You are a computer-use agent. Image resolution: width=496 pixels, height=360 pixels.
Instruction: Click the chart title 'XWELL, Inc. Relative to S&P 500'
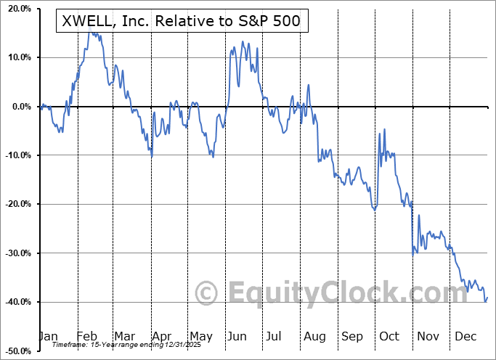pyautogui.click(x=182, y=22)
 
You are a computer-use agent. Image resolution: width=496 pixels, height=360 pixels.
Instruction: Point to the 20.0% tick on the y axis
pyautogui.click(x=17, y=9)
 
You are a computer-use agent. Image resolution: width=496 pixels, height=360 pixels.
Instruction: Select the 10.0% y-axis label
pyautogui.click(x=17, y=57)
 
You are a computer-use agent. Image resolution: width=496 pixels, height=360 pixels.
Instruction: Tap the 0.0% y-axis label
pyautogui.click(x=19, y=107)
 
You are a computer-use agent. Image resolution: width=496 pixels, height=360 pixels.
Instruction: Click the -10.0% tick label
pyautogui.click(x=15, y=155)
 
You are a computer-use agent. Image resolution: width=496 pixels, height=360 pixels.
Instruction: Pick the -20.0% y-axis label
pyautogui.click(x=15, y=204)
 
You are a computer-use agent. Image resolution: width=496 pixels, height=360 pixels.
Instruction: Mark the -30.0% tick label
pyautogui.click(x=15, y=253)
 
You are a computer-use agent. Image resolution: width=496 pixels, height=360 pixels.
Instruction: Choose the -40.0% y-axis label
pyautogui.click(x=15, y=302)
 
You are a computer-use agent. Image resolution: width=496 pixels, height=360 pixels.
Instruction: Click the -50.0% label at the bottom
pyautogui.click(x=15, y=351)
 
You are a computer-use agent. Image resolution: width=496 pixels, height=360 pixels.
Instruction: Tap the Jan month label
pyautogui.click(x=48, y=337)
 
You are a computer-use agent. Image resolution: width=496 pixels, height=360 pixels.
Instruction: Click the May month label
pyautogui.click(x=200, y=337)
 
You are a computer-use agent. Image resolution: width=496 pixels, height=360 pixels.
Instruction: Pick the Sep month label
pyautogui.click(x=352, y=337)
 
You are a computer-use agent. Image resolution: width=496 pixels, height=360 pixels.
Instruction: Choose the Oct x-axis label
pyautogui.click(x=389, y=337)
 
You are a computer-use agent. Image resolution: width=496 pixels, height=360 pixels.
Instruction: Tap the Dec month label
pyautogui.click(x=465, y=337)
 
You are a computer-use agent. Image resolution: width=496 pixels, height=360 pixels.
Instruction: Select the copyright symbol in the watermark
pyautogui.click(x=207, y=293)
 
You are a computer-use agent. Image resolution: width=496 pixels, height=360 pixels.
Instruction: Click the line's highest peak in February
pyautogui.click(x=89, y=32)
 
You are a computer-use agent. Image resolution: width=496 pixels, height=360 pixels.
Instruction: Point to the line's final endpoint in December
pyautogui.click(x=487, y=297)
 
